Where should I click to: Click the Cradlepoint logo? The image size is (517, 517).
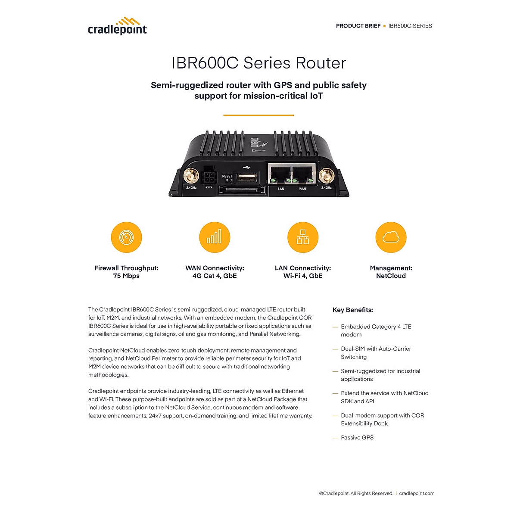tap(117, 26)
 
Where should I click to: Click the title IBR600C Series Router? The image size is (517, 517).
tap(258, 63)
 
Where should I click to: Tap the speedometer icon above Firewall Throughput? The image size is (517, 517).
tap(126, 237)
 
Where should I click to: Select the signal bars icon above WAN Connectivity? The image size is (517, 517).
tap(215, 237)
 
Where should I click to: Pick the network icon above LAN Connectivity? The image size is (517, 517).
tap(303, 237)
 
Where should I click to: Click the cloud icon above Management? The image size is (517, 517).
tap(391, 237)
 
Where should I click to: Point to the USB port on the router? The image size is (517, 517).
tap(247, 177)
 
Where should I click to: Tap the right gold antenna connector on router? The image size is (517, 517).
tap(326, 176)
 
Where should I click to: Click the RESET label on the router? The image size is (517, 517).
tap(227, 176)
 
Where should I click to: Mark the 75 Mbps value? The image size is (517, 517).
tap(126, 276)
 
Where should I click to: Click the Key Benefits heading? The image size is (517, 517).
tap(352, 310)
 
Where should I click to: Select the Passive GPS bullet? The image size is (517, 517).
tap(357, 437)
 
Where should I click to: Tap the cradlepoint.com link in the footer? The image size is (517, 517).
tap(417, 493)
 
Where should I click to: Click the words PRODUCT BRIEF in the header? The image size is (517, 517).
tap(358, 26)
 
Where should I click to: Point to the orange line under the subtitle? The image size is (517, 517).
tap(258, 115)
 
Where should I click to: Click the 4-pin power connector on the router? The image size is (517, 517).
tap(209, 177)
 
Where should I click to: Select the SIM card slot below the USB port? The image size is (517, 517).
tap(242, 190)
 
